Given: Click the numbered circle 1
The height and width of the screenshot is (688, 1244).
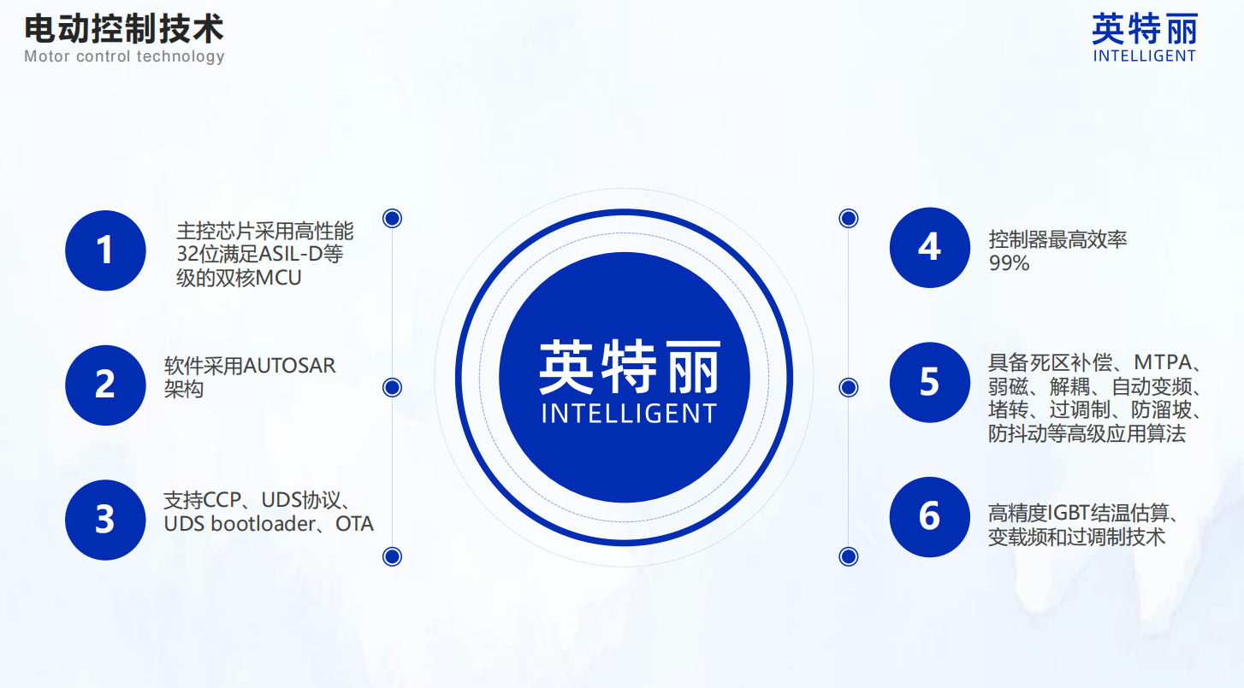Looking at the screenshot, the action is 105,250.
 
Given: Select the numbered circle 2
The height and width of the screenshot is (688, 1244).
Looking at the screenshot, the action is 105,385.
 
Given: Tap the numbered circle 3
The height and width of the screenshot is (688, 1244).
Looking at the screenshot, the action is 105,520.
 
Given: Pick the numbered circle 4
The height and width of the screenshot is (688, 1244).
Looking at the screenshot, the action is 930,248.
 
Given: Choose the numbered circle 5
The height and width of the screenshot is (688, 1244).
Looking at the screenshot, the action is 930,382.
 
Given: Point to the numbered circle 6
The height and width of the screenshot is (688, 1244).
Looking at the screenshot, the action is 930,517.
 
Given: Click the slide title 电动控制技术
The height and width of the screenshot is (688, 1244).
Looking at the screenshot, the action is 124,29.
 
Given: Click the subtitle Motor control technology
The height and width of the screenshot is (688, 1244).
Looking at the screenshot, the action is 124,56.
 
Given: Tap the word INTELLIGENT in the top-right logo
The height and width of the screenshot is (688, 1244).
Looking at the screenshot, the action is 1145,56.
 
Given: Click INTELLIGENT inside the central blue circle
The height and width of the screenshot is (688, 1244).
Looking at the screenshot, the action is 629,414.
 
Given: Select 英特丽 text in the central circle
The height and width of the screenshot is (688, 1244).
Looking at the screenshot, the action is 630,367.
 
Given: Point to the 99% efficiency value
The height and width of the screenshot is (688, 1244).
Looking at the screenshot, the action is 1009,263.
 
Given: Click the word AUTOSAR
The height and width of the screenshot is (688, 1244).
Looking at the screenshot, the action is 289,366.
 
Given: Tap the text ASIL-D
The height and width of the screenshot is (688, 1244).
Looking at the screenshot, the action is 290,254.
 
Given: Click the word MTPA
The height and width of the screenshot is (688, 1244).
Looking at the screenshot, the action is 1163,362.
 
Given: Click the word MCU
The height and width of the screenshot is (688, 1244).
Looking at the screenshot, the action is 278,278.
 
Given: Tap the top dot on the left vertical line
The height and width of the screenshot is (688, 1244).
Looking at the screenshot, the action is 392,218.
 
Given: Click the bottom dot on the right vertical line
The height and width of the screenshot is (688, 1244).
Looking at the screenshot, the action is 848,556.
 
